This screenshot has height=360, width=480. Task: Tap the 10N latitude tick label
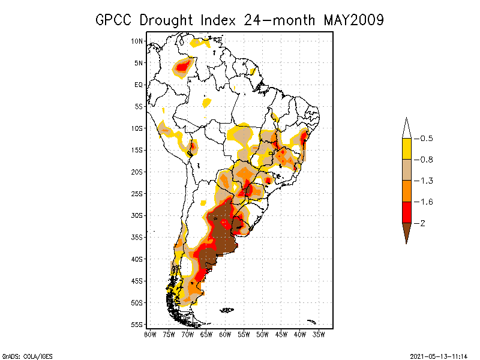(x=137, y=41)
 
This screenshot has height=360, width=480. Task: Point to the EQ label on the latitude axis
(x=139, y=85)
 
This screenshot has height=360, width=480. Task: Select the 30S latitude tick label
(x=137, y=215)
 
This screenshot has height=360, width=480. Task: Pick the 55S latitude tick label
(x=137, y=325)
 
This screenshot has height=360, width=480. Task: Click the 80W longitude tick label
(x=150, y=334)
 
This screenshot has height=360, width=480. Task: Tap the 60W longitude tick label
(x=226, y=334)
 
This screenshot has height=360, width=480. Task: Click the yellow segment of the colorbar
(x=407, y=149)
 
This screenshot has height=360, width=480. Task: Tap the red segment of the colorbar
(x=407, y=212)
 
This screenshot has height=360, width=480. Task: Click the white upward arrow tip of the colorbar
(x=407, y=128)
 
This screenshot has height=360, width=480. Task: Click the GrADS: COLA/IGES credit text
(x=23, y=355)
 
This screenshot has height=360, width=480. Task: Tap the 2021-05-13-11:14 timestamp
(x=439, y=355)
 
